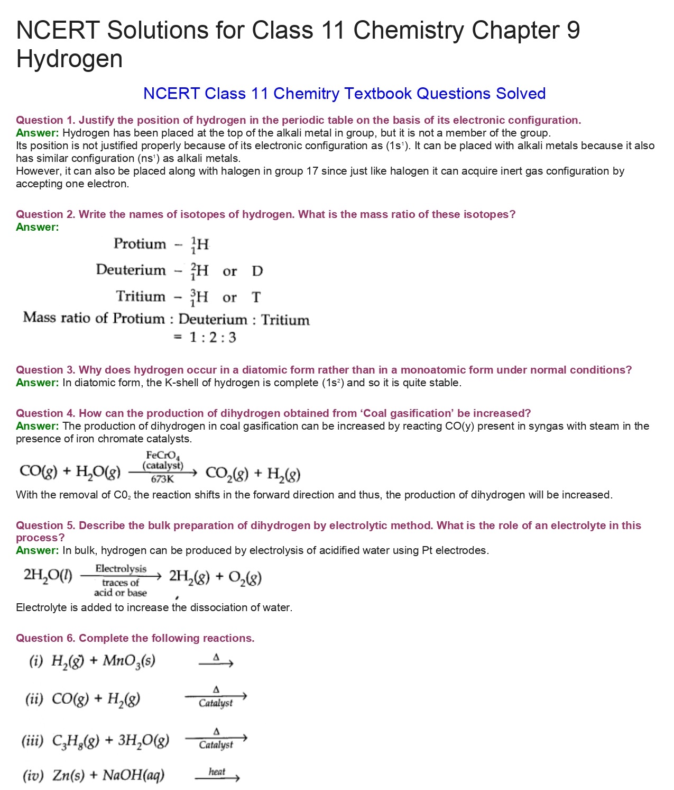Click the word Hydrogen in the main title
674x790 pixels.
tap(69, 59)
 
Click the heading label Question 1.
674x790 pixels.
tap(45, 120)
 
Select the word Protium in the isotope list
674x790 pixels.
tap(140, 243)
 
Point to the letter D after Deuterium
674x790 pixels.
tap(257, 271)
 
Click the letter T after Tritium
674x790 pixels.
tap(256, 297)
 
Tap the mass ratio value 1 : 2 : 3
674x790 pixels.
tap(213, 338)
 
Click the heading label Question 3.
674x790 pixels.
tap(45, 370)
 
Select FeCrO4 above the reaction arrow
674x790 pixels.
tap(163, 455)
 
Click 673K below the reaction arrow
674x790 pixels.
tap(162, 479)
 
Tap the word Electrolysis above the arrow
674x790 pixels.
tap(121, 569)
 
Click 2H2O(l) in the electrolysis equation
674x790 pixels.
tap(48, 575)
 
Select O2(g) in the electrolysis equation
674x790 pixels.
tap(245, 577)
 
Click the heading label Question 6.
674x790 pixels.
tap(45, 638)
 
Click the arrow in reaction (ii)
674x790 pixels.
tap(216, 696)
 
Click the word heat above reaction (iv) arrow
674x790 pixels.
tap(217, 771)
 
